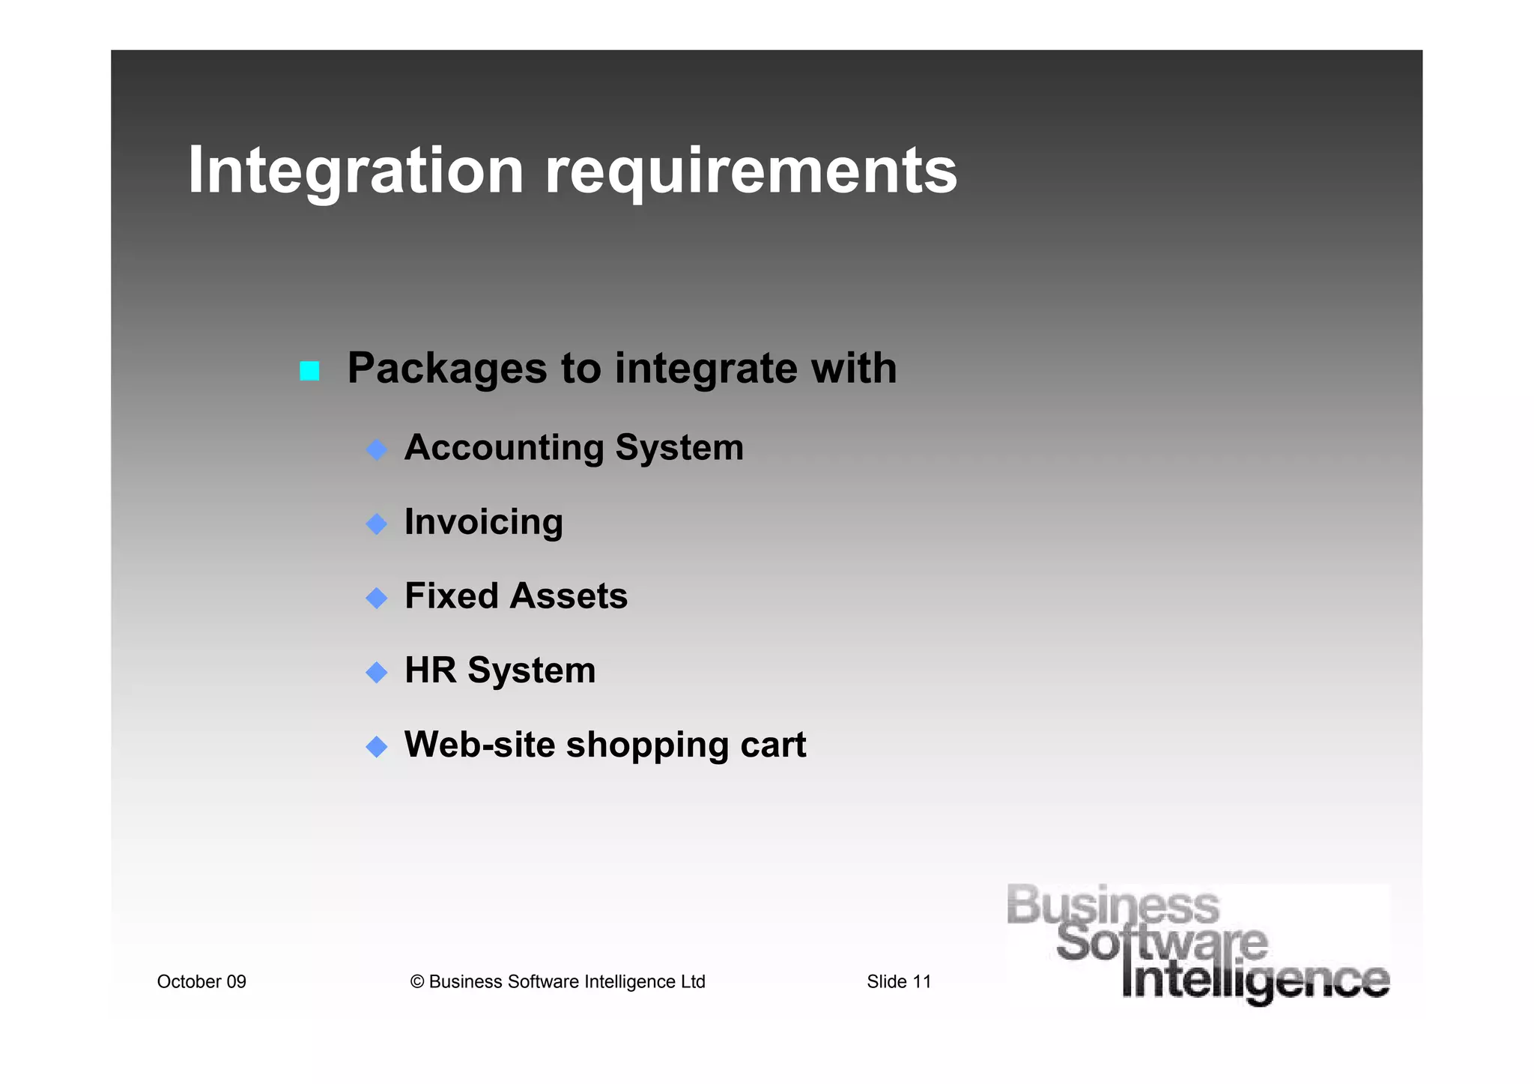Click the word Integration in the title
pos(356,171)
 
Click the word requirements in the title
pos(751,172)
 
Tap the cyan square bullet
pos(309,370)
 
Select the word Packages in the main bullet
pos(447,369)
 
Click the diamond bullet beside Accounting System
pos(376,449)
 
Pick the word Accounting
pos(504,449)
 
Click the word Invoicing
pos(483,523)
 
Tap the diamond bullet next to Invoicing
pos(376,524)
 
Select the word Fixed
pos(451,596)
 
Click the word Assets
pos(569,596)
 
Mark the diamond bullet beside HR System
pos(376,672)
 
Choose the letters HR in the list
pos(430,670)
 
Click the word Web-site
pos(479,745)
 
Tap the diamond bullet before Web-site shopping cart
pos(376,746)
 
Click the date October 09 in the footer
pos(201,981)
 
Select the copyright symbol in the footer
pos(417,982)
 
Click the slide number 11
pos(921,981)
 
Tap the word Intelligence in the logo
pos(1255,981)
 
